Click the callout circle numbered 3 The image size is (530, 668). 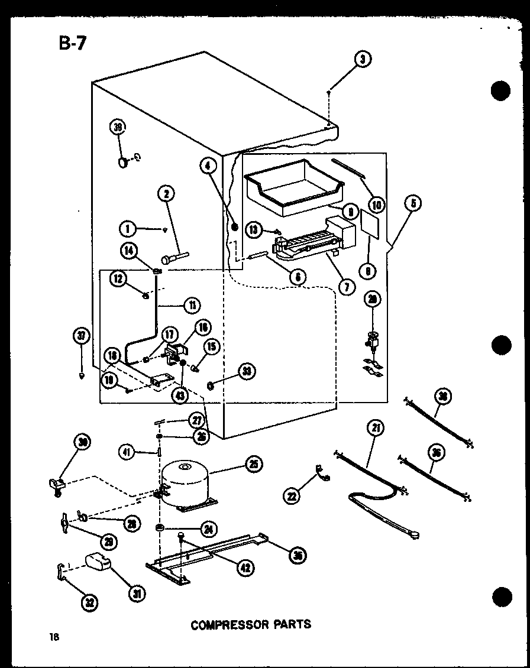click(x=363, y=60)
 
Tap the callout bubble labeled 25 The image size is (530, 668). click(x=254, y=465)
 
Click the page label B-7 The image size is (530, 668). click(x=73, y=44)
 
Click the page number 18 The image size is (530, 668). click(x=54, y=636)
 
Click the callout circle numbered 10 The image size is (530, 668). click(x=376, y=205)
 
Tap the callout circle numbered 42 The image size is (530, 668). click(x=244, y=567)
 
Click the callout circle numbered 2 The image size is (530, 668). click(x=166, y=193)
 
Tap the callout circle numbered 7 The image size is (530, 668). click(x=345, y=287)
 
